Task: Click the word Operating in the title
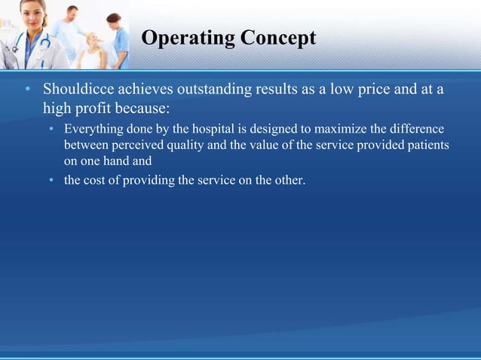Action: pos(185,38)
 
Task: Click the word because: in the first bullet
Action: pos(149,108)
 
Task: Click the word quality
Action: pos(182,145)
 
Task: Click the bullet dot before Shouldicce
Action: pos(26,91)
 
